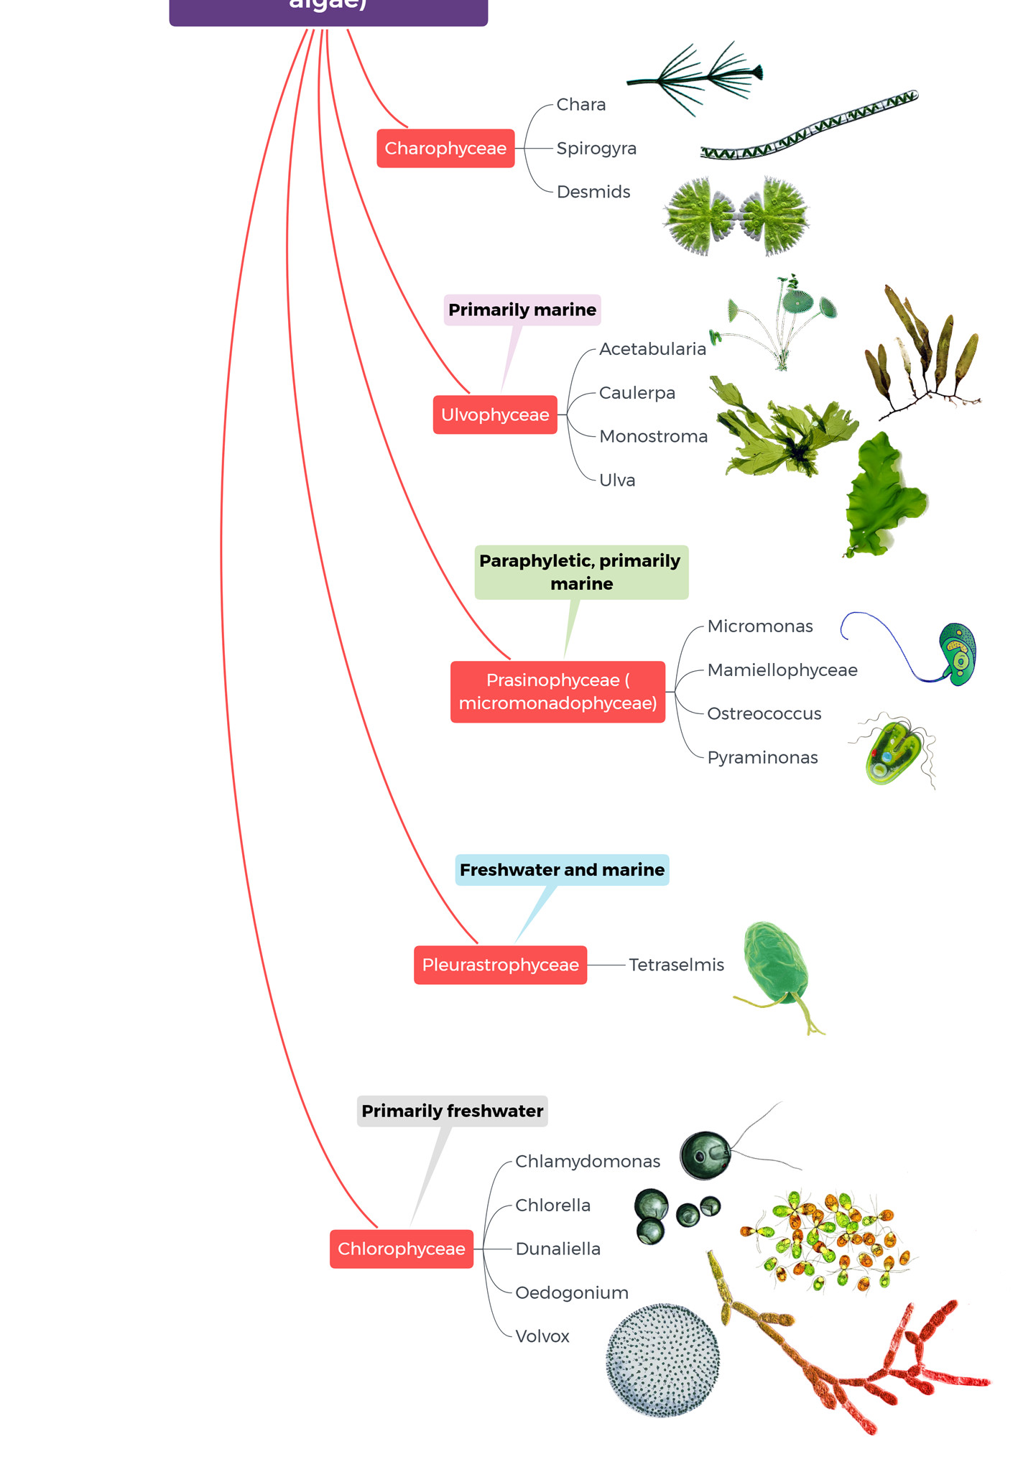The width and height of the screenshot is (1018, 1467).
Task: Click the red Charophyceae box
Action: pyautogui.click(x=445, y=149)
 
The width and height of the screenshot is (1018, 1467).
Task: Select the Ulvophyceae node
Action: pyautogui.click(x=495, y=415)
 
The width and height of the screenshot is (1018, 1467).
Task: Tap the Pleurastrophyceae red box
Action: pyautogui.click(x=500, y=965)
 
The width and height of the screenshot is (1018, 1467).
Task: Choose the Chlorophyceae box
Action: pyautogui.click(x=402, y=1249)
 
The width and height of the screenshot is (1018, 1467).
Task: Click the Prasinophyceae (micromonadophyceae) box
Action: pyautogui.click(x=557, y=692)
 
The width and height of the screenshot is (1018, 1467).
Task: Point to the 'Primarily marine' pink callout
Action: pyautogui.click(x=522, y=310)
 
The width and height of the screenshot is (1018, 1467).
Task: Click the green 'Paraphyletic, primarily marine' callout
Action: pyautogui.click(x=580, y=572)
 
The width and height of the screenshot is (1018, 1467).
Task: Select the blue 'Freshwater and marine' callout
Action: pyautogui.click(x=562, y=870)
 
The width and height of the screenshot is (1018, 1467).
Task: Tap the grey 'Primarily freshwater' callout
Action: pyautogui.click(x=452, y=1111)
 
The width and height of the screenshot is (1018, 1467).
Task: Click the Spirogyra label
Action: pyautogui.click(x=596, y=149)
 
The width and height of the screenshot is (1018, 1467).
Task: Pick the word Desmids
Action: pyautogui.click(x=593, y=192)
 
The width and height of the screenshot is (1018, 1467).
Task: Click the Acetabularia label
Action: pyautogui.click(x=652, y=349)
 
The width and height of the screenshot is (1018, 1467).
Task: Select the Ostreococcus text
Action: pyautogui.click(x=764, y=713)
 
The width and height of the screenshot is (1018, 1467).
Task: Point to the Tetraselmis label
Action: pyautogui.click(x=676, y=965)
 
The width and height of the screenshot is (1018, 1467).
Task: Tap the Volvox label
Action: pyautogui.click(x=542, y=1336)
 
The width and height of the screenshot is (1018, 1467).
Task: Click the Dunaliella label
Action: pyautogui.click(x=557, y=1249)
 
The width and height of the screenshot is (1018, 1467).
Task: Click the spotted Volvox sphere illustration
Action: pyautogui.click(x=662, y=1360)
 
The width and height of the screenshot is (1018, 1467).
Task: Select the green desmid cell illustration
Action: pyautogui.click(x=736, y=216)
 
